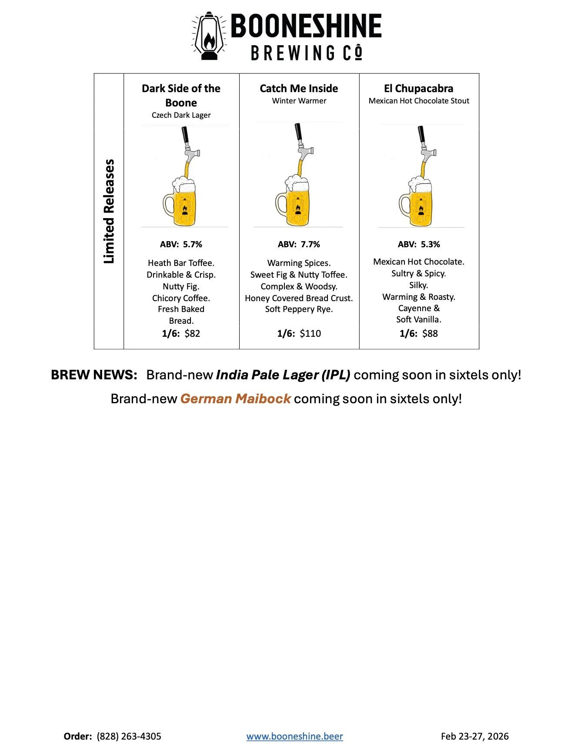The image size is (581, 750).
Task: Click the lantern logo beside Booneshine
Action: (208, 36)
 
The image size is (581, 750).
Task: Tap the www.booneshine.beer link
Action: (294, 736)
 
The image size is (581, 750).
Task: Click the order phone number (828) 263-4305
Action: (129, 736)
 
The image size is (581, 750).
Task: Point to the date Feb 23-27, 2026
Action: (474, 736)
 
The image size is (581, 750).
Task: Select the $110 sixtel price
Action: (310, 333)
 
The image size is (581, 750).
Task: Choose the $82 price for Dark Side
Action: (192, 333)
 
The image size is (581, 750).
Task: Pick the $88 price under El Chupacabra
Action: (430, 333)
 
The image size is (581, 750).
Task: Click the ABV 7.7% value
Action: (311, 244)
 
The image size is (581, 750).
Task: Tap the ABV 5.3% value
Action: (430, 244)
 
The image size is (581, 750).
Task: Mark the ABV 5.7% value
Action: (192, 244)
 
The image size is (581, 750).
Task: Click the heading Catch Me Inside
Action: (299, 89)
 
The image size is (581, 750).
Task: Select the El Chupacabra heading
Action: (418, 89)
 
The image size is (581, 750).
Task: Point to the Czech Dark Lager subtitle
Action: (181, 115)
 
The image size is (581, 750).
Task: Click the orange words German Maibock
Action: (235, 398)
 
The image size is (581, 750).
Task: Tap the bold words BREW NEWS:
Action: (94, 375)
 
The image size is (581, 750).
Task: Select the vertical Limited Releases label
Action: (109, 211)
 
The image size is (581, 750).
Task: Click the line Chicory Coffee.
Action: (181, 298)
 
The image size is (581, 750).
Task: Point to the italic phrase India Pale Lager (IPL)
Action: (283, 375)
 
